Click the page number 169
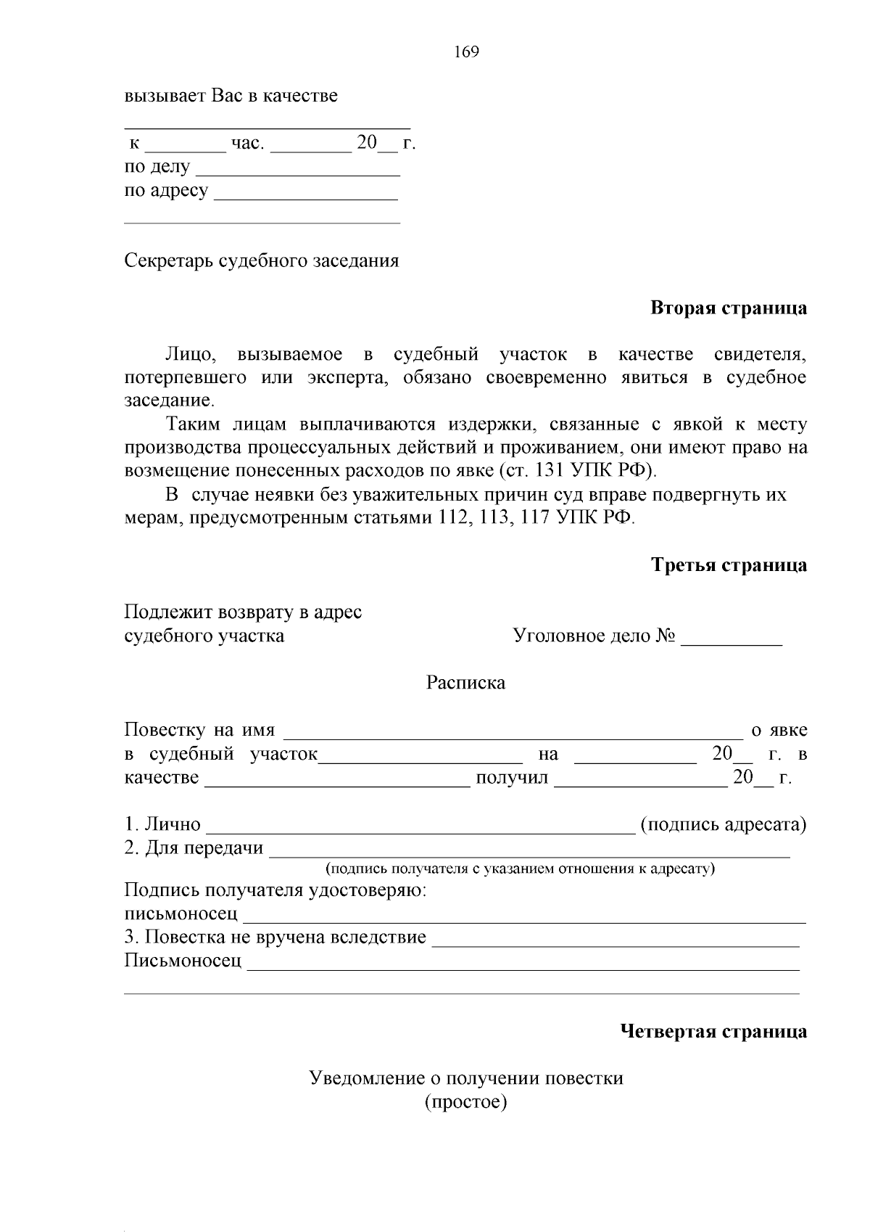(466, 52)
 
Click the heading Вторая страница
(728, 308)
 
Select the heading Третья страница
(728, 565)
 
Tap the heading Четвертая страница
(713, 1032)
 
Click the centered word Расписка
(465, 683)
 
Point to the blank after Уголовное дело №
(732, 638)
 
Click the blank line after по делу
(298, 170)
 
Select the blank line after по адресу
(307, 194)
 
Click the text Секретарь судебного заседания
(262, 260)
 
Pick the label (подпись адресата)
(723, 825)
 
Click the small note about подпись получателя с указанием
(520, 868)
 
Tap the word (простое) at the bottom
(465, 1103)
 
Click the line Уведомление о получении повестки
(466, 1078)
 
